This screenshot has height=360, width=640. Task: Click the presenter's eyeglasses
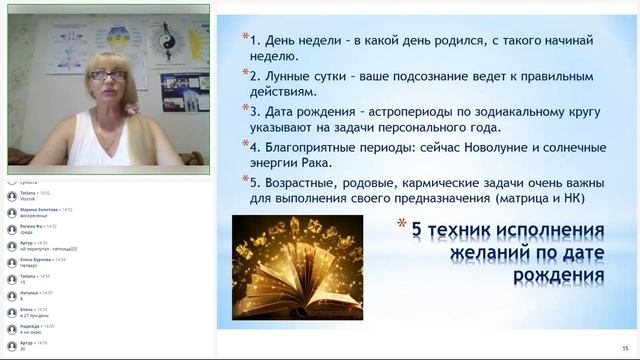[106, 75]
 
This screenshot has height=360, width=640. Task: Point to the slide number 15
[623, 338]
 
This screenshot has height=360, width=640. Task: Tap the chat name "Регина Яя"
[31, 226]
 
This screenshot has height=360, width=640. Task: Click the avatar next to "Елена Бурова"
[12, 262]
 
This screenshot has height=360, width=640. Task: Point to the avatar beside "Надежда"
[12, 328]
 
